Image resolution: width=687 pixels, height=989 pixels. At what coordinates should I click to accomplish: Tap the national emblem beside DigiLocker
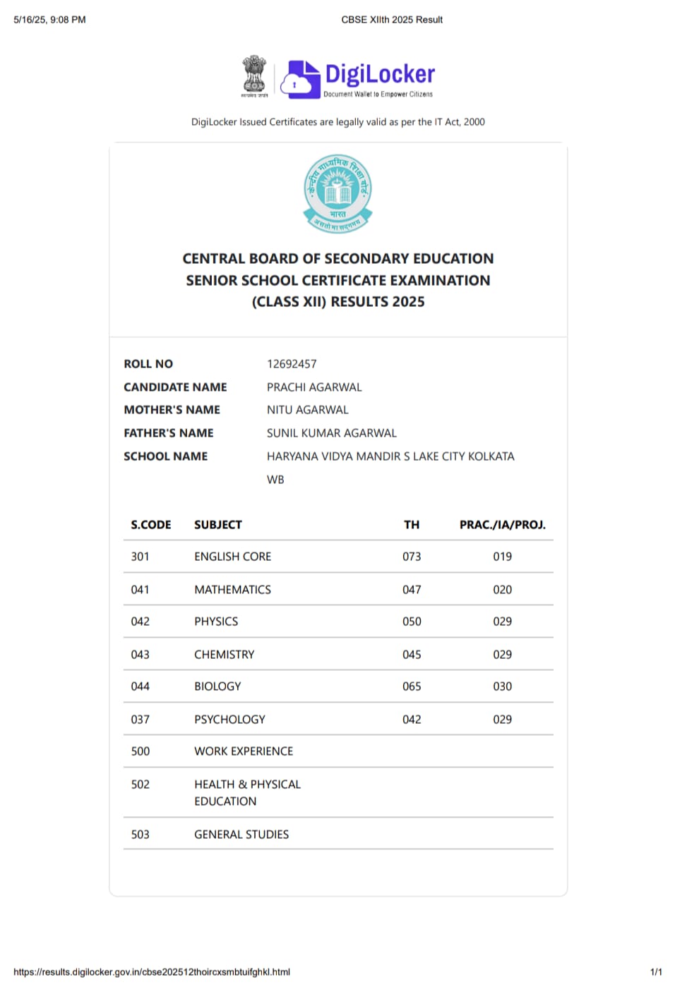tap(254, 75)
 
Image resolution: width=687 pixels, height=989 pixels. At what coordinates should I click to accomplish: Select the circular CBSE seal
tap(338, 193)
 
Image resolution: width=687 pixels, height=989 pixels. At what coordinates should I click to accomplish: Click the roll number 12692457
tap(292, 364)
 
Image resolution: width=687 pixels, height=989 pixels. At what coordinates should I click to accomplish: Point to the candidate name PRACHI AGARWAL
tap(314, 387)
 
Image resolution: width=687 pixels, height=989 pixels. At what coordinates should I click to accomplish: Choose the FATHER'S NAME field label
tap(168, 433)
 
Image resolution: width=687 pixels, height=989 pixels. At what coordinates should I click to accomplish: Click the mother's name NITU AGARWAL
tap(307, 410)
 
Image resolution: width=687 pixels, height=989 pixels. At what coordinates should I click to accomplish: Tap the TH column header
tap(412, 525)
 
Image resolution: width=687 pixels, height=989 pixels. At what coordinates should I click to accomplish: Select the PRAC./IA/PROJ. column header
tap(502, 525)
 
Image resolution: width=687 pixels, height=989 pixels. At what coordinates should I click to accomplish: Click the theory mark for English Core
tap(412, 557)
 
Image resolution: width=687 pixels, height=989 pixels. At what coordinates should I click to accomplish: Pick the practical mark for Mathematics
tap(502, 590)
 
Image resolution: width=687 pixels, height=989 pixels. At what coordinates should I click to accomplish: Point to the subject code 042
tap(140, 621)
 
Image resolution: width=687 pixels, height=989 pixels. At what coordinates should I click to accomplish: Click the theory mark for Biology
tap(412, 686)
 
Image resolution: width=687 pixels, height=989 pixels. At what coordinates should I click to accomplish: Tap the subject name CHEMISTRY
tap(224, 655)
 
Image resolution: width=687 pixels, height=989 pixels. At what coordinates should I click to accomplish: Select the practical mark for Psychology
tap(502, 720)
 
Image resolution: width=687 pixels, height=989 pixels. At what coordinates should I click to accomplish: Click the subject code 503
tap(140, 835)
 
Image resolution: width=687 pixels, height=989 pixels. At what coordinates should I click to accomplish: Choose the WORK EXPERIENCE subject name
tap(244, 751)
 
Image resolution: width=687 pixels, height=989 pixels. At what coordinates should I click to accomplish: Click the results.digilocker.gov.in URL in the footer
tap(152, 972)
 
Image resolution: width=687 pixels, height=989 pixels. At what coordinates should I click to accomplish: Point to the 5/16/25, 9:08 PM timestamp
tap(49, 20)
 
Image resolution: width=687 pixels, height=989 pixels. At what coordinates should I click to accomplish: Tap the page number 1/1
tap(656, 972)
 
